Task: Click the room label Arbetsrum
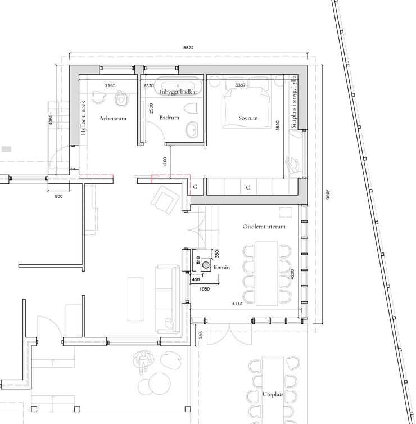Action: [x=113, y=118]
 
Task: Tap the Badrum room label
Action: [x=169, y=118]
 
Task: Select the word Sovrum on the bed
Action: [x=248, y=118]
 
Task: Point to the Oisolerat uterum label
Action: [x=264, y=227]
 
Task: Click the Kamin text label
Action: [x=221, y=268]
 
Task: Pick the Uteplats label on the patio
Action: [x=273, y=394]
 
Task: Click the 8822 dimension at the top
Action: [x=188, y=48]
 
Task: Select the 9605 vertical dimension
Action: [x=328, y=195]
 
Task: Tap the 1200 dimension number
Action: [x=165, y=162]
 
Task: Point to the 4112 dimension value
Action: [x=237, y=304]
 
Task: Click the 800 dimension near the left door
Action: [x=58, y=196]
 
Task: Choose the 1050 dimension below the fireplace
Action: [x=205, y=289]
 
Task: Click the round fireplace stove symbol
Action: [x=206, y=265]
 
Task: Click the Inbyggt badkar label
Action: [x=178, y=92]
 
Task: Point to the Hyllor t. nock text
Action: [x=83, y=118]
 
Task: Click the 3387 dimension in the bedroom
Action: [x=240, y=85]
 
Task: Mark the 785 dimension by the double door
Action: [x=201, y=336]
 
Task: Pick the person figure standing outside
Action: [x=142, y=362]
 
